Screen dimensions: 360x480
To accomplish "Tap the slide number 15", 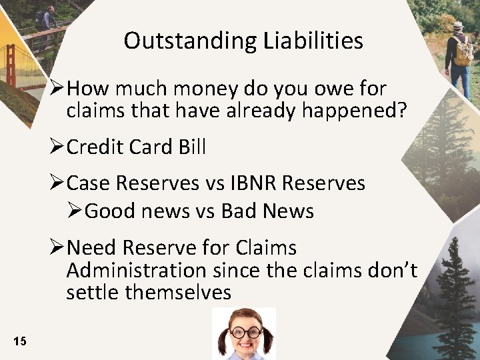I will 19,342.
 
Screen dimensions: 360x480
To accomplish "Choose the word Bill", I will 191,147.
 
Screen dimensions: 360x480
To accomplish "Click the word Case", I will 91,183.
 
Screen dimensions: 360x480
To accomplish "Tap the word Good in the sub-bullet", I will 111,211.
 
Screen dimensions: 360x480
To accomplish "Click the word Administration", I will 137,270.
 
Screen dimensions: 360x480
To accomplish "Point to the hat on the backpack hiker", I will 458,25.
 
